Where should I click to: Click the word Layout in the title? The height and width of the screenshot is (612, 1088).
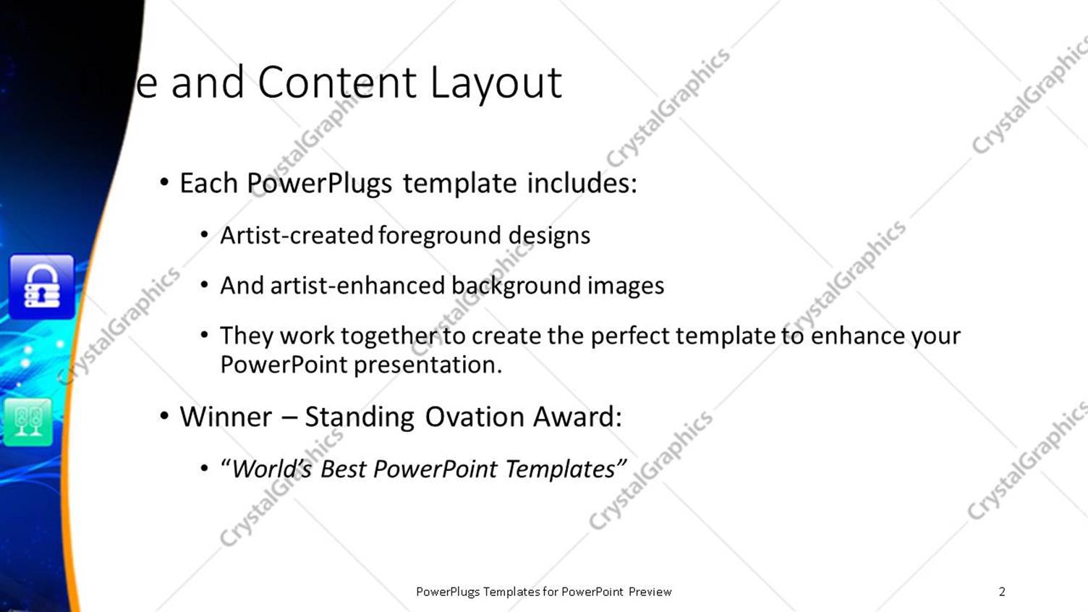pyautogui.click(x=496, y=83)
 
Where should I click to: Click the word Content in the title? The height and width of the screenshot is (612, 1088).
pyautogui.click(x=337, y=82)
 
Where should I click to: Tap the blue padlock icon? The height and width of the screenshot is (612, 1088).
pyautogui.click(x=42, y=286)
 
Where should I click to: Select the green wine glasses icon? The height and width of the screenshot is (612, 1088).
pyautogui.click(x=28, y=421)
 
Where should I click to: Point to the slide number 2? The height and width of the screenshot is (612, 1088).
pyautogui.click(x=1002, y=592)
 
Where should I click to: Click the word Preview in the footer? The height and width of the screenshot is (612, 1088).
pyautogui.click(x=650, y=592)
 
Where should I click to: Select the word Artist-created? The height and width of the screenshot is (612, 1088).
pyautogui.click(x=297, y=235)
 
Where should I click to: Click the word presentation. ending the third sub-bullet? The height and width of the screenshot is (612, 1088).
pyautogui.click(x=428, y=365)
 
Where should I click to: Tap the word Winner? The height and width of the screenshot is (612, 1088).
pyautogui.click(x=226, y=417)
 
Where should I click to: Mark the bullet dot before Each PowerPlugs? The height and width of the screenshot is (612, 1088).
pyautogui.click(x=165, y=183)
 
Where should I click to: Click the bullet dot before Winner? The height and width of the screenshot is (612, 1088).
pyautogui.click(x=165, y=416)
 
